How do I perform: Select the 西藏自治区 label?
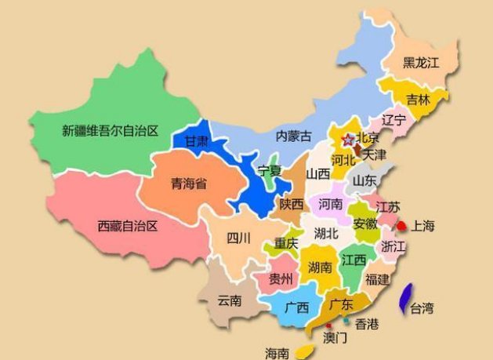[x=128, y=226]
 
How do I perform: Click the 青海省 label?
[x=189, y=184]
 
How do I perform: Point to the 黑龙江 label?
[x=422, y=62]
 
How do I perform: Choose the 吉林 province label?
[x=418, y=100]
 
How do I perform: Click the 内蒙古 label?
[x=294, y=136]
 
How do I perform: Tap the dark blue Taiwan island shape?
[x=406, y=299]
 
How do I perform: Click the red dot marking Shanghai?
[x=401, y=226]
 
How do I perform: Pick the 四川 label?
[x=238, y=238]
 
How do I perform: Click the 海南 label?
[x=277, y=352]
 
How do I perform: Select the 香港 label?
[x=367, y=323]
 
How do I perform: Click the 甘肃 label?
[x=196, y=141]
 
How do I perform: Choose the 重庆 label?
[x=286, y=244]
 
